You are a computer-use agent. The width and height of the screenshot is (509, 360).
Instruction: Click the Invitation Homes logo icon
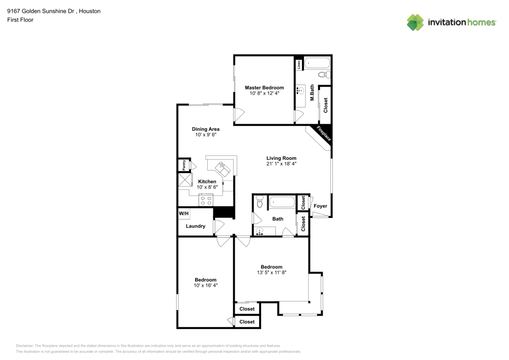[415, 22]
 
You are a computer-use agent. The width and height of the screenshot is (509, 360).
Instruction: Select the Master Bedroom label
[264, 88]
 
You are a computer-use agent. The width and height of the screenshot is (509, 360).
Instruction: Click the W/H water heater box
[184, 213]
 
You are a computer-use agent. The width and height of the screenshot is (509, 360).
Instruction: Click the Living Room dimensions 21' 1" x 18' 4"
[281, 164]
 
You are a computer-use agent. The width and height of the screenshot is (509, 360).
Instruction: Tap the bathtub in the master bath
[317, 64]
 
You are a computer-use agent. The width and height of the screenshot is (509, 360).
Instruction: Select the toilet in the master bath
[323, 75]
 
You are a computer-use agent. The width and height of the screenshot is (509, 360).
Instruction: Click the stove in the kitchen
[206, 200]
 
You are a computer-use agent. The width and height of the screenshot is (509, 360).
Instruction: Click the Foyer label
[320, 206]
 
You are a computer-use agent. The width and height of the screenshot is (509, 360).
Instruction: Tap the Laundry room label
[195, 226]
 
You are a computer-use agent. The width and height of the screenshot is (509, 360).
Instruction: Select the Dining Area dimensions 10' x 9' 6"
[206, 135]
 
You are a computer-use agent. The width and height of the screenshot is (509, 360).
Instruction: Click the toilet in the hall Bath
[260, 203]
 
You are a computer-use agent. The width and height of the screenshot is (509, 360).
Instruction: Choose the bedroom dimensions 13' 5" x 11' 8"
[271, 273]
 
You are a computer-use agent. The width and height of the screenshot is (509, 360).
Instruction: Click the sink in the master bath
[302, 92]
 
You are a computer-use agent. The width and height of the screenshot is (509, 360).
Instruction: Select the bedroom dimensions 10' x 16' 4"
[206, 286]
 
